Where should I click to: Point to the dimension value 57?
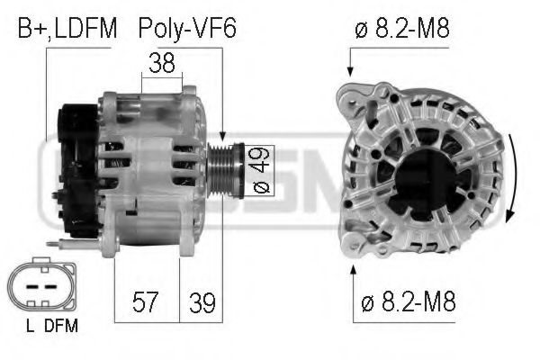point(146,302)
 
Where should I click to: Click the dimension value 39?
point(202,302)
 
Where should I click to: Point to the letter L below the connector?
point(31,327)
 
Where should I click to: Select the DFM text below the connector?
point(60,327)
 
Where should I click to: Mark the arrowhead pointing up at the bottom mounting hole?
point(353,268)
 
